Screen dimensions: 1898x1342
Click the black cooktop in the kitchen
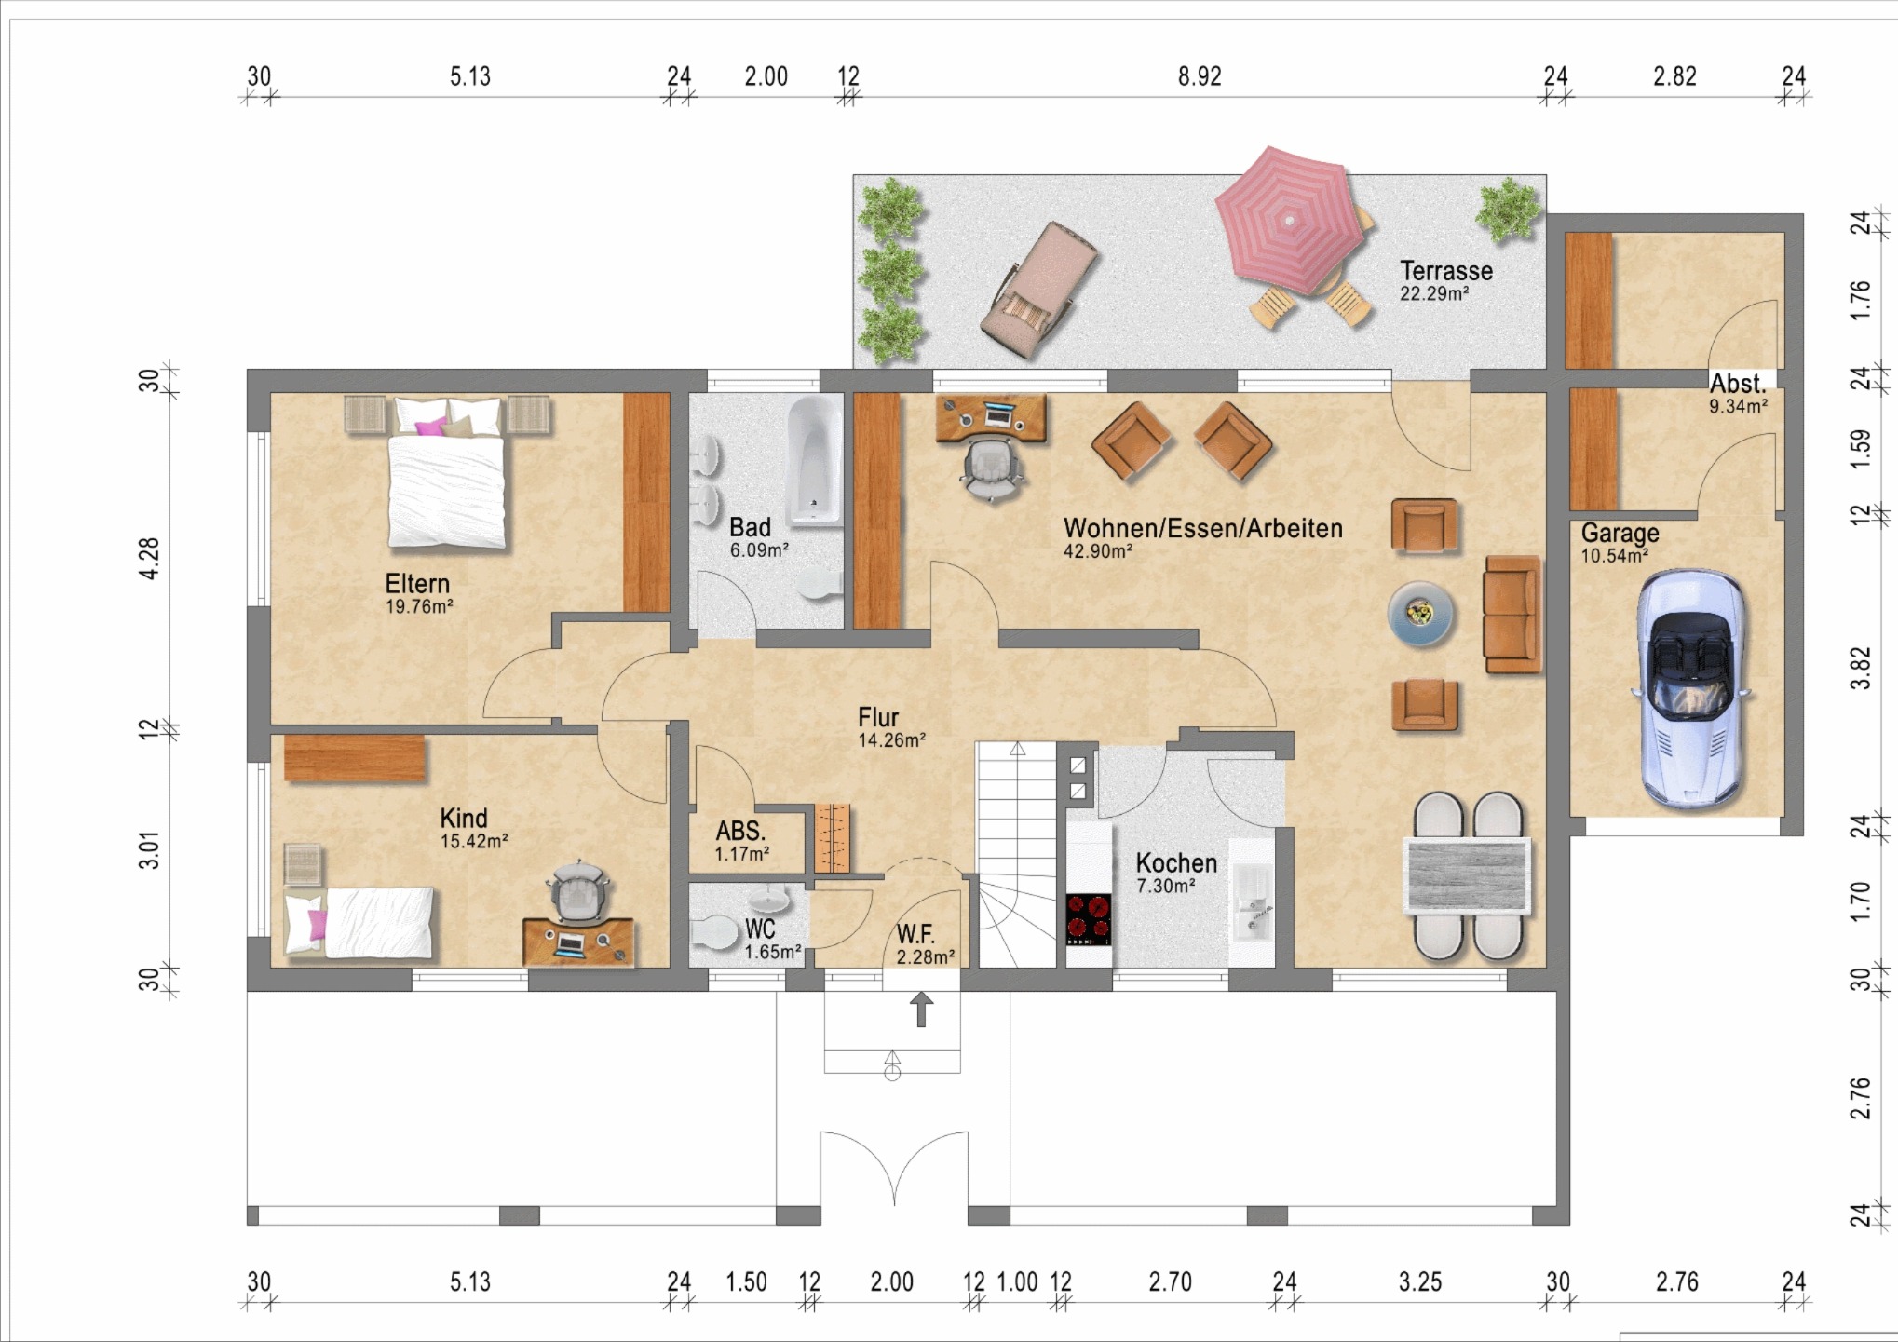click(1089, 918)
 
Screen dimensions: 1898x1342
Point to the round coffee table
click(1420, 613)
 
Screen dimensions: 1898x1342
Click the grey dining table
click(1467, 875)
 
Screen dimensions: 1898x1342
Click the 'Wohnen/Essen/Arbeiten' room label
click(1203, 528)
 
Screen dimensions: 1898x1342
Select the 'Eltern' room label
click(417, 584)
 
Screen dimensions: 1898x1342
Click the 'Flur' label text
click(878, 717)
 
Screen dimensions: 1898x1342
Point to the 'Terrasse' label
click(1446, 271)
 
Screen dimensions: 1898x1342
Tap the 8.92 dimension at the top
click(1200, 76)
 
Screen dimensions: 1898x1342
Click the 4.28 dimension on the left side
click(149, 559)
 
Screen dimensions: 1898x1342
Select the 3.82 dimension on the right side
click(1860, 668)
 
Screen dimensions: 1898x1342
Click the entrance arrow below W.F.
click(921, 1009)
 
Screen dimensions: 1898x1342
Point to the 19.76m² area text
click(419, 607)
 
